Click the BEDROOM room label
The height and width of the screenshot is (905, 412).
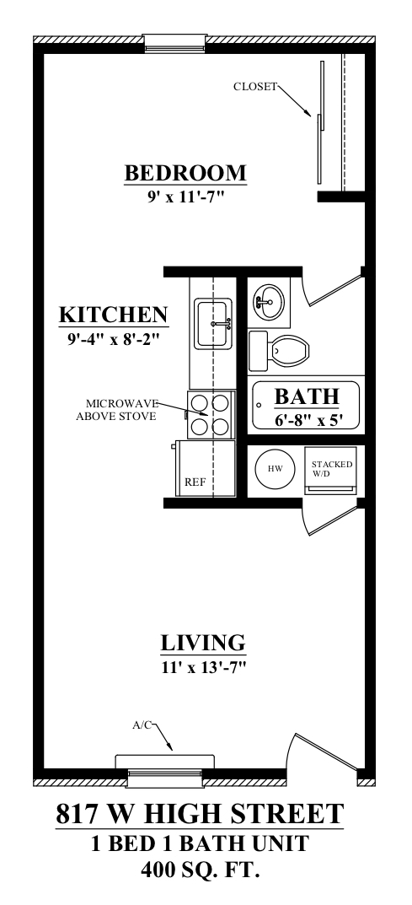tap(185, 173)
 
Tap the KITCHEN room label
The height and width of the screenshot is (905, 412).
tap(114, 315)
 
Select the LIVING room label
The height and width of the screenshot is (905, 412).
tap(203, 643)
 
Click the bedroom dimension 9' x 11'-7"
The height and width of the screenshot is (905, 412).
tap(185, 197)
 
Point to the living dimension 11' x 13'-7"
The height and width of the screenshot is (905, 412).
tap(205, 668)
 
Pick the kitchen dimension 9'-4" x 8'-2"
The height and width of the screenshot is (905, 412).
tap(113, 339)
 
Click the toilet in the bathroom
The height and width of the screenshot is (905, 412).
tap(280, 350)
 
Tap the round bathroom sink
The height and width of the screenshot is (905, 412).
tap(268, 301)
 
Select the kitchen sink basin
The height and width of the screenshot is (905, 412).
tap(212, 323)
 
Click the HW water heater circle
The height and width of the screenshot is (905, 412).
tap(275, 468)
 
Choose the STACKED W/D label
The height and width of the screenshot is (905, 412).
tap(331, 468)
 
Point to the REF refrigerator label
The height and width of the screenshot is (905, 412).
tap(195, 482)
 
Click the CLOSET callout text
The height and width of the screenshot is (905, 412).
tap(255, 87)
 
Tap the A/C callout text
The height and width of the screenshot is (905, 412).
tap(142, 725)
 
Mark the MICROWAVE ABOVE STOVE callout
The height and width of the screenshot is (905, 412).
tap(116, 410)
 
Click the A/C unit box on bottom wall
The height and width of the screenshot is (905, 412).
tap(165, 762)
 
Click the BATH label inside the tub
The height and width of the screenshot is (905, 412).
tap(306, 397)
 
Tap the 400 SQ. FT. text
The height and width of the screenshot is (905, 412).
tap(200, 870)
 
